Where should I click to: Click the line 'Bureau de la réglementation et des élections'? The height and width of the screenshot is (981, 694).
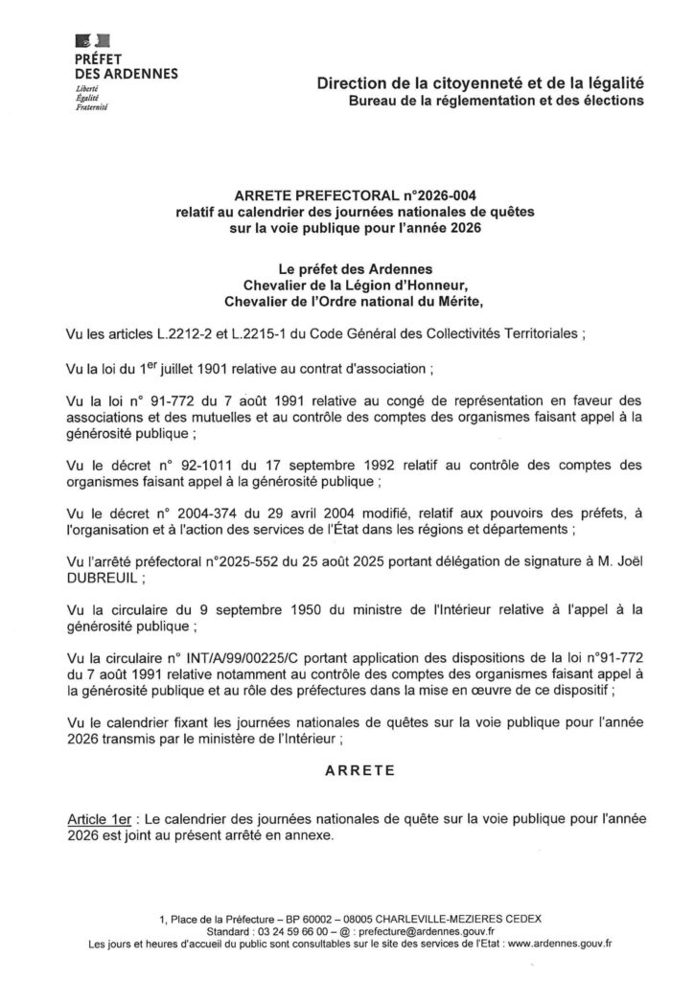[x=497, y=101]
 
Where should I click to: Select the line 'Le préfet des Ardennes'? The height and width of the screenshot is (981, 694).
[x=346, y=269]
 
